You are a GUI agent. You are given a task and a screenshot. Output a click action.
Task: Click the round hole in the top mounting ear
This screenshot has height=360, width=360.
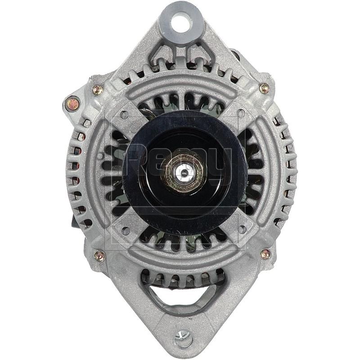click(182, 23)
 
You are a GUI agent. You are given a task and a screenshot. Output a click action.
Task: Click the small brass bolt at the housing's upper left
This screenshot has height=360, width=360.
click(98, 90)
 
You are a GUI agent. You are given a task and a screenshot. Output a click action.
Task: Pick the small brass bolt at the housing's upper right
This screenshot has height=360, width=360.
click(264, 88)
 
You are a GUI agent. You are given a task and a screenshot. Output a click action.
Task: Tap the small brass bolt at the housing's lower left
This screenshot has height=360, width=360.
click(99, 256)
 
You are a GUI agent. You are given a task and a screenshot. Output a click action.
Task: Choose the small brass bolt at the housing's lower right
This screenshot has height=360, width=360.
click(265, 254)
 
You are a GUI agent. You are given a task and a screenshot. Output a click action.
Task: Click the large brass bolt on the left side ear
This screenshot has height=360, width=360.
click(72, 104)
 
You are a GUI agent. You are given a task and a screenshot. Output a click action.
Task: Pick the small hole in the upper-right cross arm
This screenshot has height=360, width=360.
click(242, 113)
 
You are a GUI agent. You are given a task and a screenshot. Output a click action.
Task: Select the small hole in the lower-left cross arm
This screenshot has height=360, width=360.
click(126, 230)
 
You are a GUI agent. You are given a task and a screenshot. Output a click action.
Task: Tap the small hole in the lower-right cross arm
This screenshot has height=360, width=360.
click(242, 229)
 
